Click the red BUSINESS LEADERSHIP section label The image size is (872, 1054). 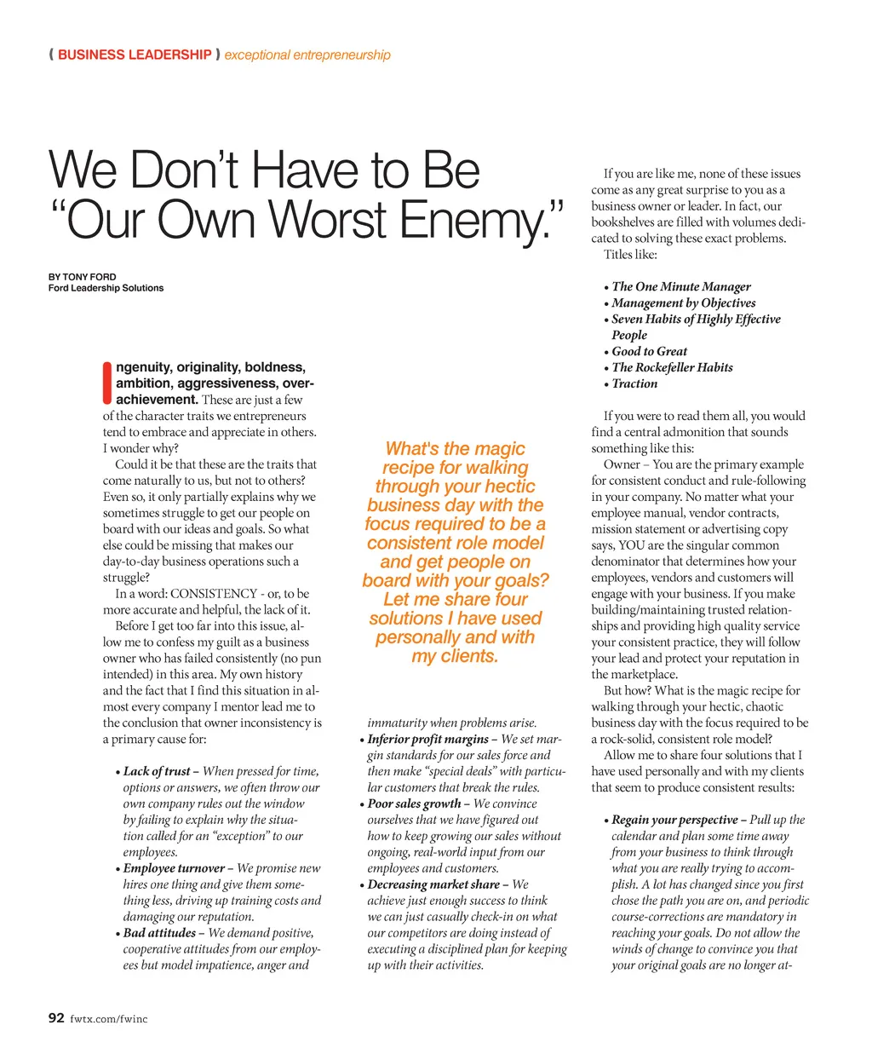click(x=135, y=55)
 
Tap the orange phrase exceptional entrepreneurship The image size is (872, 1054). click(x=307, y=55)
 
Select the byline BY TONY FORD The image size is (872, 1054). click(x=83, y=277)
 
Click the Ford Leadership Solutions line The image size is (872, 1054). click(x=106, y=288)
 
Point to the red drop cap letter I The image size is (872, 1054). click(x=107, y=383)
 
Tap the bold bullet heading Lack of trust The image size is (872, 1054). click(x=157, y=771)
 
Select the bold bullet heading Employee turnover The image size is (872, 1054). click(x=174, y=868)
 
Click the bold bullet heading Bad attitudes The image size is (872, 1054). click(x=160, y=933)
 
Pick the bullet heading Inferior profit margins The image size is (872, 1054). click(x=427, y=739)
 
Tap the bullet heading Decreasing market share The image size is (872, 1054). click(x=433, y=884)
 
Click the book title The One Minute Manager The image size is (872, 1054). click(x=681, y=287)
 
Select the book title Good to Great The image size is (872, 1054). click(x=649, y=351)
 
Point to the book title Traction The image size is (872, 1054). click(x=634, y=383)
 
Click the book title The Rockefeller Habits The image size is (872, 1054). click(x=672, y=367)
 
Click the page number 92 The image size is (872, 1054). click(x=56, y=1017)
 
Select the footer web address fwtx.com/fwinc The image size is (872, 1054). click(x=108, y=1019)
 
